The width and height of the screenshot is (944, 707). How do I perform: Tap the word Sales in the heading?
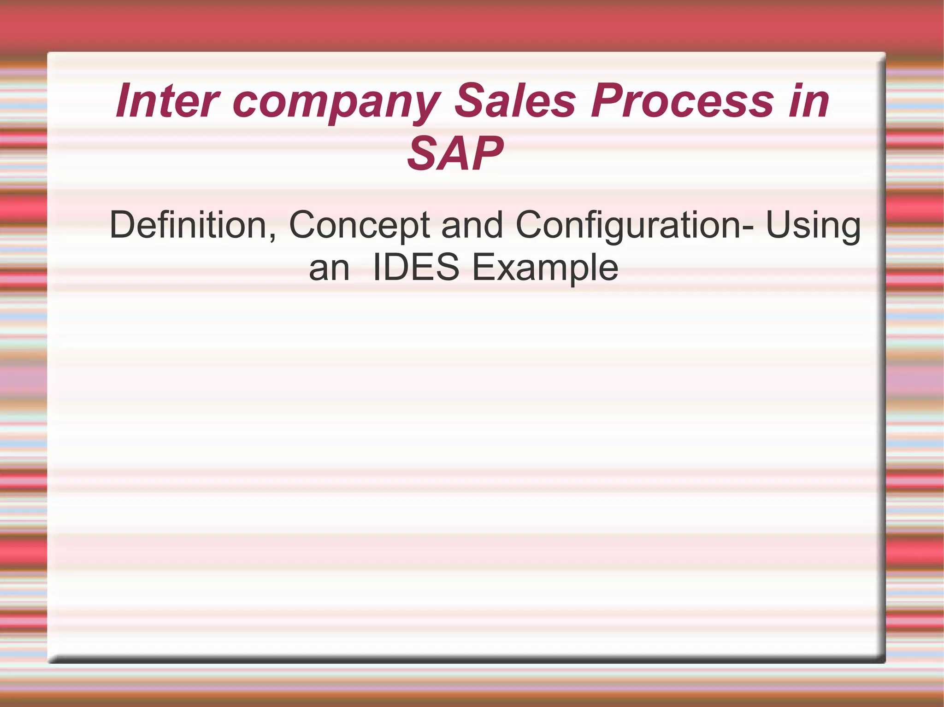[515, 100]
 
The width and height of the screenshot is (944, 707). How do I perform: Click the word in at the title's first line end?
[808, 100]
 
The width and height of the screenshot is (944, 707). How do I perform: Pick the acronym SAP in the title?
[455, 153]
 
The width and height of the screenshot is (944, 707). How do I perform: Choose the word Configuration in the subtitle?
[627, 226]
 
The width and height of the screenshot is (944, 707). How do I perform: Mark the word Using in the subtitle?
[813, 226]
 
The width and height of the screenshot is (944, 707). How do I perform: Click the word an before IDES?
[329, 269]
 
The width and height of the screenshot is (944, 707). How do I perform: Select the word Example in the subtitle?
[545, 268]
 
